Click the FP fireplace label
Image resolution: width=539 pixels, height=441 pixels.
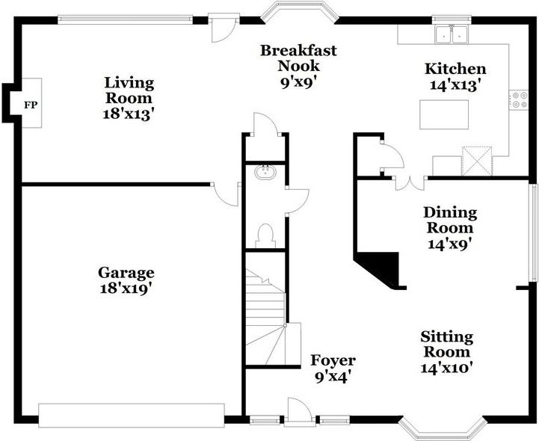pyautogui.click(x=31, y=105)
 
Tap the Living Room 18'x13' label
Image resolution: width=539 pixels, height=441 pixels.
pyautogui.click(x=129, y=98)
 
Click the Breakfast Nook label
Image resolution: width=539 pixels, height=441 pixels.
pyautogui.click(x=298, y=58)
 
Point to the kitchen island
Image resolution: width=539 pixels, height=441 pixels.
pyautogui.click(x=444, y=114)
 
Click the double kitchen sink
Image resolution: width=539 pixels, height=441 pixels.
pyautogui.click(x=450, y=34)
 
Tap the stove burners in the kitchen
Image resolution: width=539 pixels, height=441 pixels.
pyautogui.click(x=518, y=99)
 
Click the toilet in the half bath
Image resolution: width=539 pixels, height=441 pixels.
pyautogui.click(x=265, y=235)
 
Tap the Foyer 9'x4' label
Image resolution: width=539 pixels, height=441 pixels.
pyautogui.click(x=333, y=368)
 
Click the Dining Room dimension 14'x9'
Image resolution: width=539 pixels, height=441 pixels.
pyautogui.click(x=449, y=243)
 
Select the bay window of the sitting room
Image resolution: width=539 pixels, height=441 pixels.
pyautogui.click(x=437, y=430)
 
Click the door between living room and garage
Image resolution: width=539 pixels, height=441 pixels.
pyautogui.click(x=227, y=193)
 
